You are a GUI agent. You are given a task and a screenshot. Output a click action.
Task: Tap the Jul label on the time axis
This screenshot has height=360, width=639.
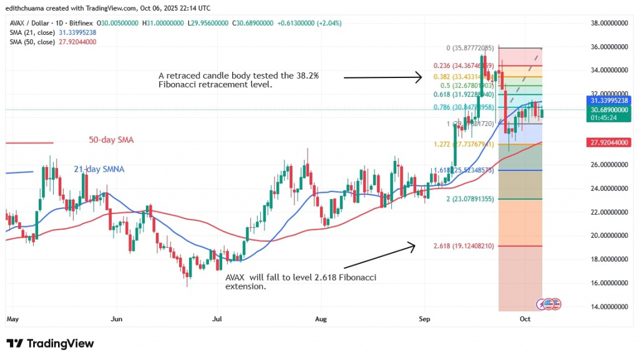click(217, 318)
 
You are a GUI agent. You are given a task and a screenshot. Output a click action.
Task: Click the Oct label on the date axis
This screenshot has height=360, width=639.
click(525, 318)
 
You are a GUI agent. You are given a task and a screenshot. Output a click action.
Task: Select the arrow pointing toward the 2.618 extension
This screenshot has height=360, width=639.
click(374, 256)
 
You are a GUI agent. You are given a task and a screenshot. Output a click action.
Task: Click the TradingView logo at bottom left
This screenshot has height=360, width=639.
click(50, 344)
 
